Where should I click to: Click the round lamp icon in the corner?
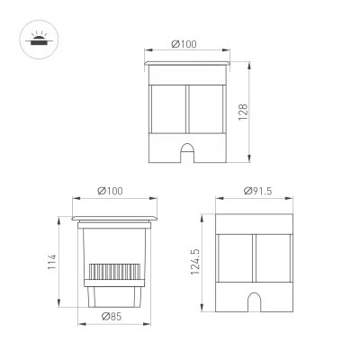tap(39, 40)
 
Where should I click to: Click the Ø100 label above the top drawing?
tap(184, 44)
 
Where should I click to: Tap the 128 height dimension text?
tap(243, 112)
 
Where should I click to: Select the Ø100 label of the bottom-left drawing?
tap(110, 191)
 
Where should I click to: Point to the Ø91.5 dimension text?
tap(258, 191)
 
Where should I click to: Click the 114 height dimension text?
tap(52, 262)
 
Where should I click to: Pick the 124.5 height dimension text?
tap(195, 262)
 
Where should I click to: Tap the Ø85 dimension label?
tap(112, 316)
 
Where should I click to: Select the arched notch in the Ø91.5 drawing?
tap(254, 302)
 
